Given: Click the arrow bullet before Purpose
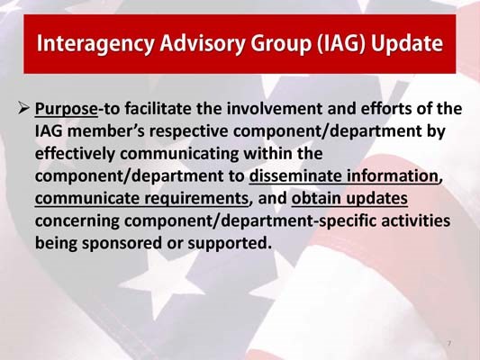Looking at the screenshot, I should [24, 111].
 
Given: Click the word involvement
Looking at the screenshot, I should [267, 111].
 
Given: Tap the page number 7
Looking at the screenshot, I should [448, 343].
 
